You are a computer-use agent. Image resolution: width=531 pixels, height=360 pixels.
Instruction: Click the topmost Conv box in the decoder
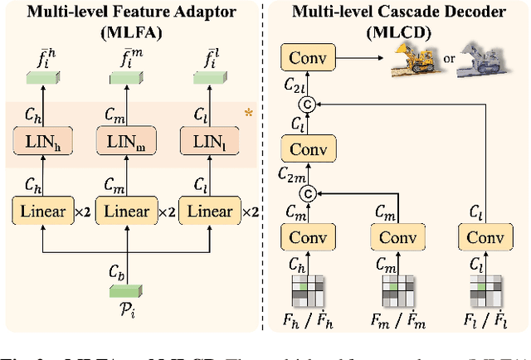[307, 58]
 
